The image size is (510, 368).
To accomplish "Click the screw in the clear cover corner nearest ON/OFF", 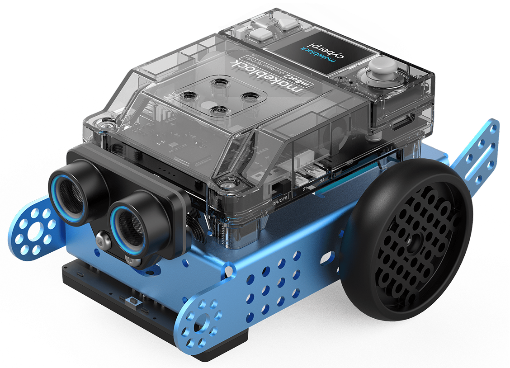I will pos(222,184).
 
